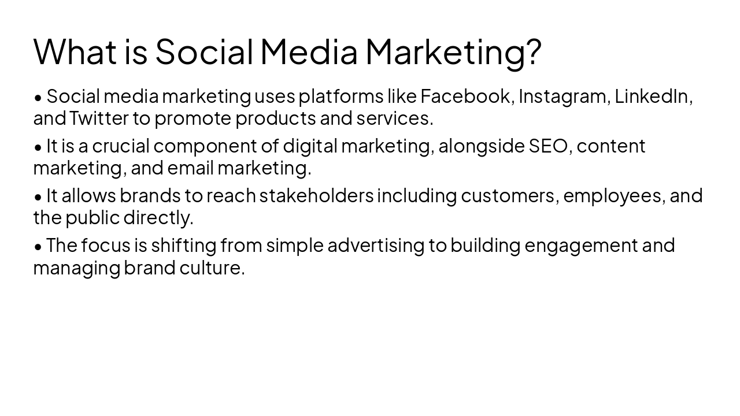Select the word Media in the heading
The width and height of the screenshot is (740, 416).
coord(309,51)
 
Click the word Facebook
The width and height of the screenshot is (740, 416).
coord(465,96)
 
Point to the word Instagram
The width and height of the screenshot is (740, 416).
coord(563,96)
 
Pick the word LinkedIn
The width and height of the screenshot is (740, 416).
coord(652,96)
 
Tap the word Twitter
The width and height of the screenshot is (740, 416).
coord(99,118)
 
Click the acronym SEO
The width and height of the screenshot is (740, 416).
coord(549,146)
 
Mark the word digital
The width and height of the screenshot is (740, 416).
coord(309,146)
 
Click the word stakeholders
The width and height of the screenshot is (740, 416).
coord(316,195)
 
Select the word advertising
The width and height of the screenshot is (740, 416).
coord(376,245)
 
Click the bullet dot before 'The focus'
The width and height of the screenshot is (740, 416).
coord(38,246)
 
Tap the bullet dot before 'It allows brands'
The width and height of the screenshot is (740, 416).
coord(38,196)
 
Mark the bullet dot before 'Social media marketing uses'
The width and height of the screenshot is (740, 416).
coord(38,97)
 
